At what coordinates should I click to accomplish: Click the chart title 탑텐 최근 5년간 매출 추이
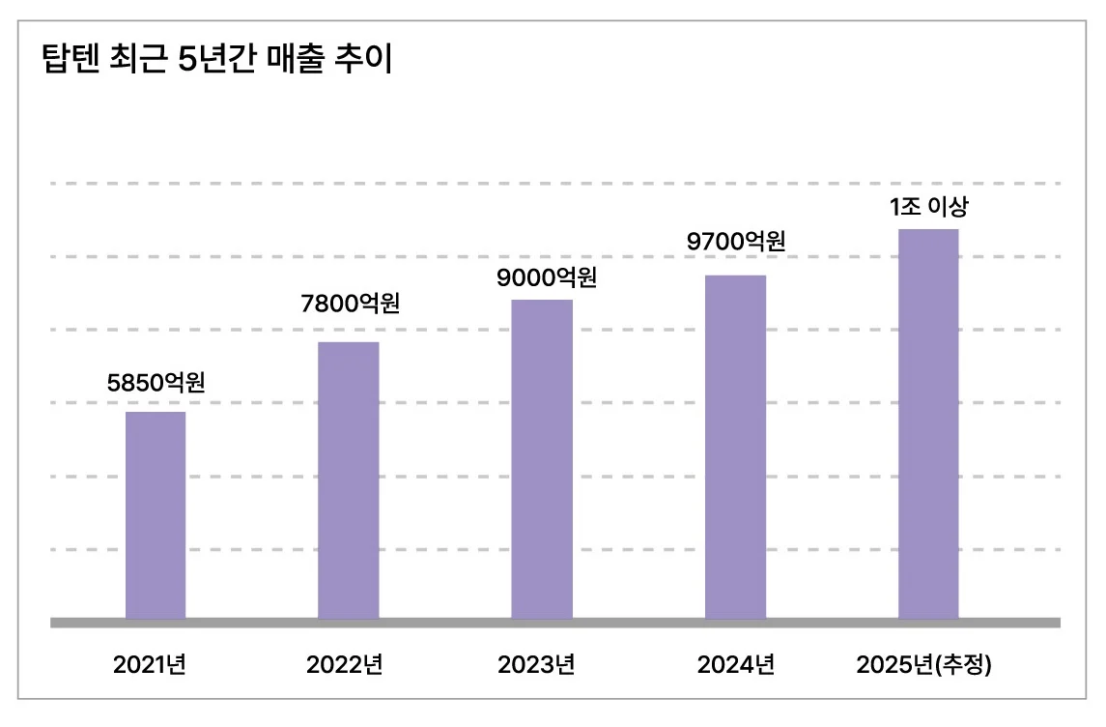(216, 60)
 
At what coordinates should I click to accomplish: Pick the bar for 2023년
(542, 459)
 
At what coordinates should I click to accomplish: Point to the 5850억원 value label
(156, 382)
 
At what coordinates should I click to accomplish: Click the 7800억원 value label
(350, 304)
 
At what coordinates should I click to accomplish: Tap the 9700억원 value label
(736, 241)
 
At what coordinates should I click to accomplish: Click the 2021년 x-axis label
(150, 665)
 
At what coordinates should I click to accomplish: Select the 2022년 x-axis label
(345, 665)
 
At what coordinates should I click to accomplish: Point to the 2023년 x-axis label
(536, 665)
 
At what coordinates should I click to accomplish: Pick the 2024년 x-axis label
(735, 665)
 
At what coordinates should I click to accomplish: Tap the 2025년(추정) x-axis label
(924, 665)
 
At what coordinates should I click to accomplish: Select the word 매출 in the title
(290, 60)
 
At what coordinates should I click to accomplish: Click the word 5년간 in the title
(213, 60)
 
